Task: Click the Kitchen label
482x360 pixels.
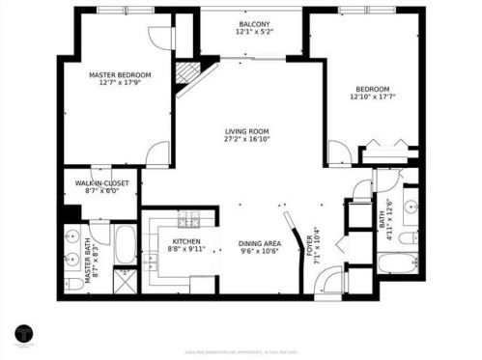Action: [185, 241]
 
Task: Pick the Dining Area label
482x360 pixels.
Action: [259, 243]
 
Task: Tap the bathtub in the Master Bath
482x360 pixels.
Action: [126, 246]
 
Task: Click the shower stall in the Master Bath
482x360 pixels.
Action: [126, 281]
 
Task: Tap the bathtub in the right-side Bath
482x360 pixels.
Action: [393, 263]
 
